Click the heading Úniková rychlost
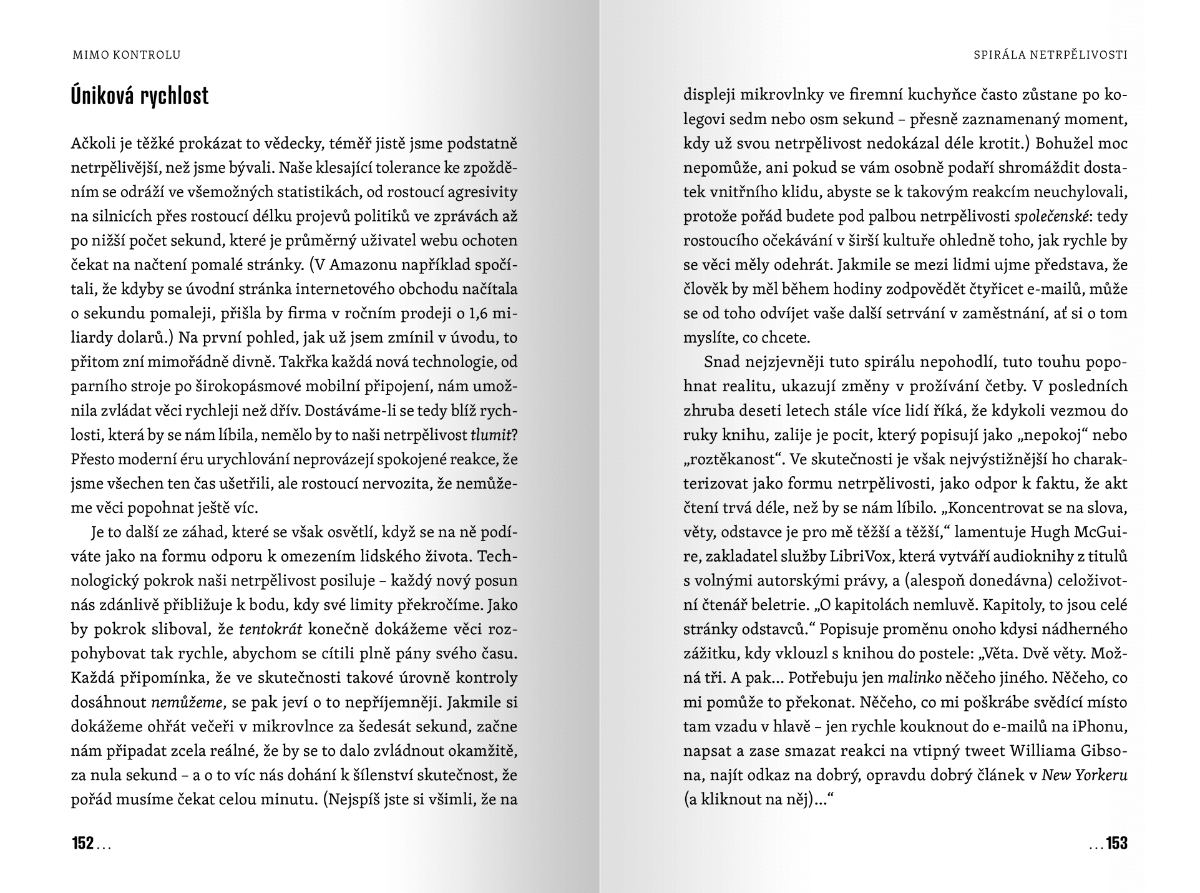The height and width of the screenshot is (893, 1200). [140, 95]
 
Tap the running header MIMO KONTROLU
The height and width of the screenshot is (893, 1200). [127, 55]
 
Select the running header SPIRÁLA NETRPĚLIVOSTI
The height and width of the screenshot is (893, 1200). [1050, 55]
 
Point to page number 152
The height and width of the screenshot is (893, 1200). [83, 844]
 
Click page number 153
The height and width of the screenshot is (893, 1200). [1116, 844]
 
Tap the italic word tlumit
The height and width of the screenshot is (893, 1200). [490, 436]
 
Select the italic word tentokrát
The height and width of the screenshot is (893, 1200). [271, 630]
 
